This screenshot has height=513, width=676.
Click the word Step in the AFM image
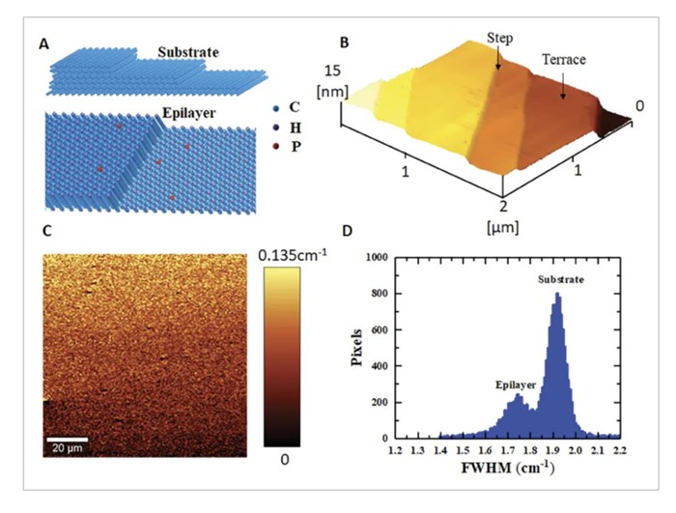coord(500,38)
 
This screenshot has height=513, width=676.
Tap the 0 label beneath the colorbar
coord(284,459)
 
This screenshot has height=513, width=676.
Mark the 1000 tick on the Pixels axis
coord(375,258)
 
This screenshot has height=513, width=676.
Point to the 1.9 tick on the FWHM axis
coord(555,449)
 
